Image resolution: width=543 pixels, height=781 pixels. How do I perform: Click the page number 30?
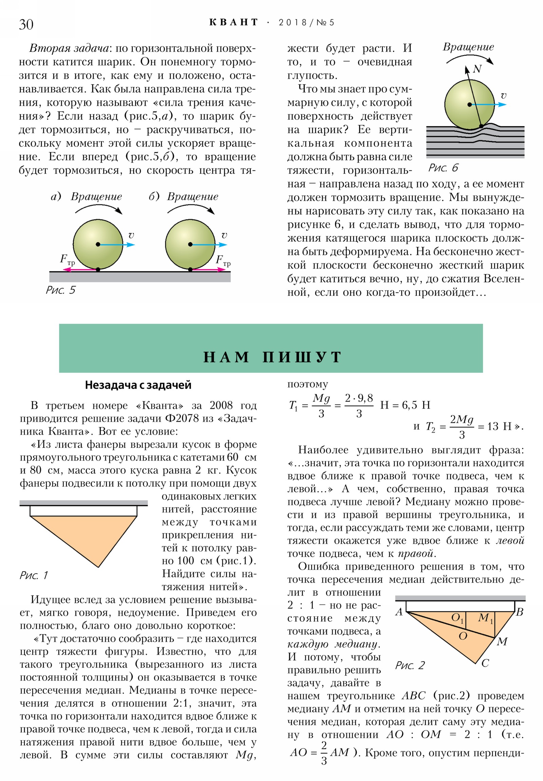coord(26,24)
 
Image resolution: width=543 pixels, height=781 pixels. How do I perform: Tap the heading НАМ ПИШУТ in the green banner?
coord(272,357)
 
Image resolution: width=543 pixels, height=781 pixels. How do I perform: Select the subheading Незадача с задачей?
coord(138,385)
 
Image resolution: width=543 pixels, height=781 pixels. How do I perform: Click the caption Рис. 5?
coord(60,290)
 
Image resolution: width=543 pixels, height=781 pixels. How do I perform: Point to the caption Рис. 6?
coord(443,168)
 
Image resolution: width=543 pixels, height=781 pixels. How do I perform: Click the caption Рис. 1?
coord(34,575)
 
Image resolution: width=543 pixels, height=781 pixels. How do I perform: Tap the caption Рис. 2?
coord(410,665)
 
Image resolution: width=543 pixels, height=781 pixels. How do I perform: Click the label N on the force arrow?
coord(478,69)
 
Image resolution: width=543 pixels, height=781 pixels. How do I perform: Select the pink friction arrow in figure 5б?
coord(208,269)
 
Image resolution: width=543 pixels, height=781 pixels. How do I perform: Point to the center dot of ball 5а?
coord(98,244)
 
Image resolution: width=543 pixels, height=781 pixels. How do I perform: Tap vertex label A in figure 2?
coord(399,612)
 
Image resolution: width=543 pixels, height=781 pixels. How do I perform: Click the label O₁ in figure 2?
coord(457,618)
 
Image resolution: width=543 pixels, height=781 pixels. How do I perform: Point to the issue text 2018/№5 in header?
coord(306,22)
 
